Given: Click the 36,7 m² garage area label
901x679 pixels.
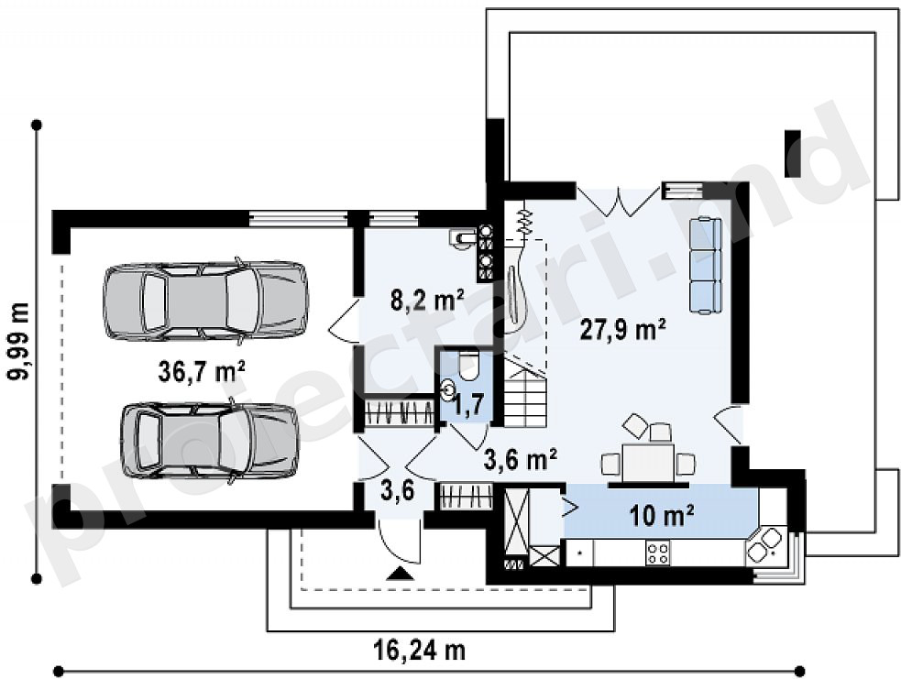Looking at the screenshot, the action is click(x=202, y=371).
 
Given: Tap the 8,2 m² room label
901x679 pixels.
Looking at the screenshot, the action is click(x=427, y=300).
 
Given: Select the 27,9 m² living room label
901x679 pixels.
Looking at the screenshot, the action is click(x=623, y=330).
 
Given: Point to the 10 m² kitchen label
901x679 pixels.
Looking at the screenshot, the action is click(x=662, y=515).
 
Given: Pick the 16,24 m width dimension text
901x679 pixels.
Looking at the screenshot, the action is click(x=419, y=651).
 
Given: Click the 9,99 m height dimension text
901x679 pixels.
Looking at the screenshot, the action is click(x=19, y=341).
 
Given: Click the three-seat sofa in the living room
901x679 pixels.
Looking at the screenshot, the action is click(x=705, y=266).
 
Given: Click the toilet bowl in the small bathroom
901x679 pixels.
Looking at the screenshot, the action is click(x=469, y=366).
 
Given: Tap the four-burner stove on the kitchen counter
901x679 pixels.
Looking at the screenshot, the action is click(x=658, y=553).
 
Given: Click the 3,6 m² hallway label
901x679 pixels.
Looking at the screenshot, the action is click(x=520, y=460).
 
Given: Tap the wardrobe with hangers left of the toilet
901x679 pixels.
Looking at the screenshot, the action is click(x=400, y=411).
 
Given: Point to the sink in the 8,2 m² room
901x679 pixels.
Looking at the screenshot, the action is click(x=463, y=237).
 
